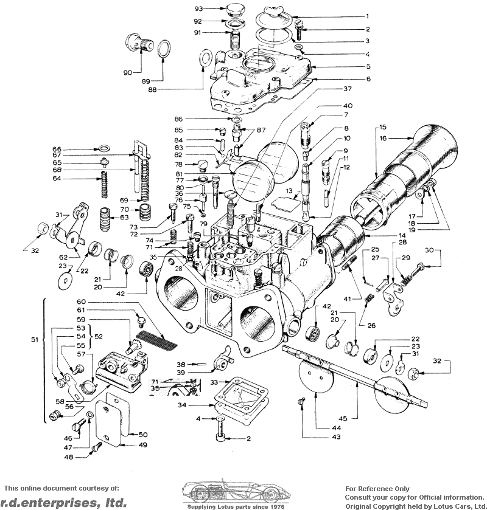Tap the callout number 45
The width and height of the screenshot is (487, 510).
pos(344,419)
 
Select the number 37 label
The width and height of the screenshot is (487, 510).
pos(348,89)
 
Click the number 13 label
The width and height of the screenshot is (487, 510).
pos(290,191)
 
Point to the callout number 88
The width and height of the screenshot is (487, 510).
pos(153,90)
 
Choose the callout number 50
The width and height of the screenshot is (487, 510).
pos(143,435)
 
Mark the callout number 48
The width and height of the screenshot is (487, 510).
pos(68,457)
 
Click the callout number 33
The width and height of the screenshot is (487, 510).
pos(214,382)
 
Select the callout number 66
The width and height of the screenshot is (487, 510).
pos(57,150)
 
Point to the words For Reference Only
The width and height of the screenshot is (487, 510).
pos(377,489)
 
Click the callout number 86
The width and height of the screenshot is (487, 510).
pos(179,119)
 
